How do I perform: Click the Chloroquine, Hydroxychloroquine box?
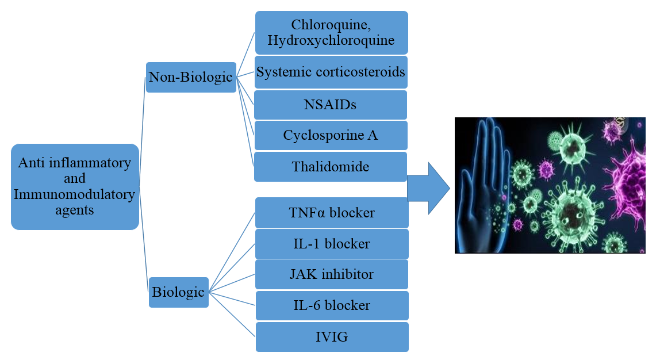[331, 32]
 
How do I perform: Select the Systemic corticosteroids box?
[331, 72]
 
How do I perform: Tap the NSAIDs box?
[331, 105]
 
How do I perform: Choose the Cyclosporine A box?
[331, 136]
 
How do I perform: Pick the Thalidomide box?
[331, 167]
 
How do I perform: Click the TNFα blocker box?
[332, 213]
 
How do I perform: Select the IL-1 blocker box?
[332, 244]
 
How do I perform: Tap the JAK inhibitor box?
[332, 274]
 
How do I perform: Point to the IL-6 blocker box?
[332, 305]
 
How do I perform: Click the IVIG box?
[332, 337]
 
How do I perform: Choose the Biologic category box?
[178, 292]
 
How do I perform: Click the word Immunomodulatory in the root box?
[75, 194]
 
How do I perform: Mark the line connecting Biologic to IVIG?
[232, 314]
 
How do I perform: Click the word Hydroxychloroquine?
[331, 40]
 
